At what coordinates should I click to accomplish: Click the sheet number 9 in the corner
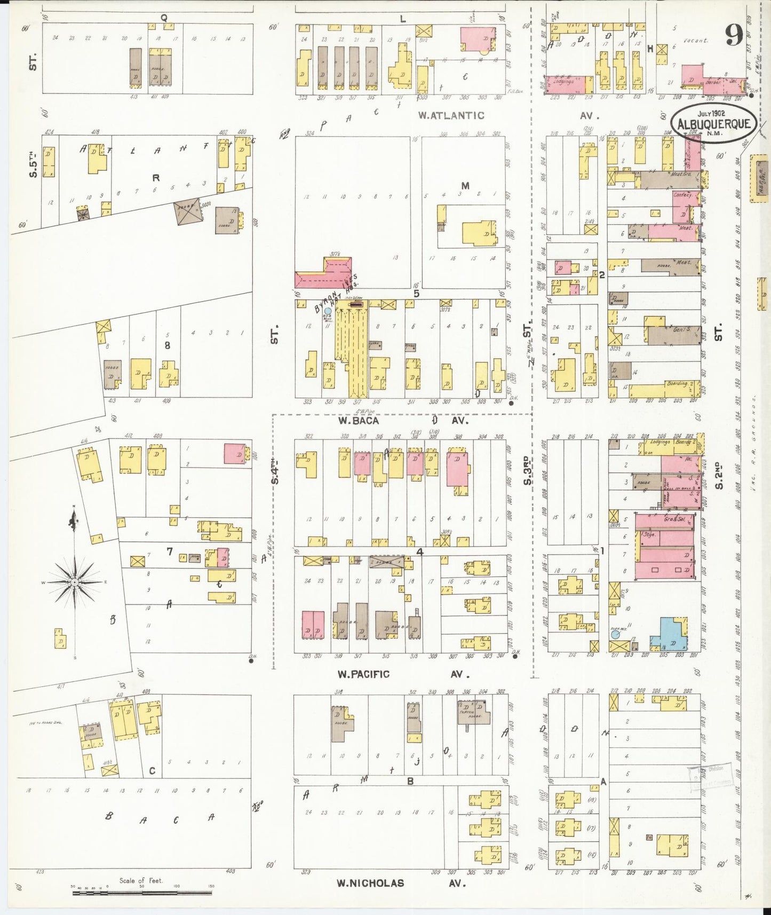(734, 36)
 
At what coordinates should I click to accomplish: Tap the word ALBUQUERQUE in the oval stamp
(714, 124)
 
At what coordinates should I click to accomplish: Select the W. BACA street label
(359, 421)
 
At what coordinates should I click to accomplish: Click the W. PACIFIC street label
(363, 674)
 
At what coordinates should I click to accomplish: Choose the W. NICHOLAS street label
(370, 884)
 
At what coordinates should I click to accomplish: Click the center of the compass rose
(75, 581)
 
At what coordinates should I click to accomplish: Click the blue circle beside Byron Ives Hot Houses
(328, 311)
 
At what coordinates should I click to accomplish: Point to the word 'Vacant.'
(696, 40)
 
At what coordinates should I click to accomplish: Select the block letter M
(465, 185)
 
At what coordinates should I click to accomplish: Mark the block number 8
(167, 345)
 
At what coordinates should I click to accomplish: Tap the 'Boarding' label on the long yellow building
(677, 383)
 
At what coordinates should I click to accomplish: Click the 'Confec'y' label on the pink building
(682, 195)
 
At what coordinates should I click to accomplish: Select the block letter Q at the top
(164, 18)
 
